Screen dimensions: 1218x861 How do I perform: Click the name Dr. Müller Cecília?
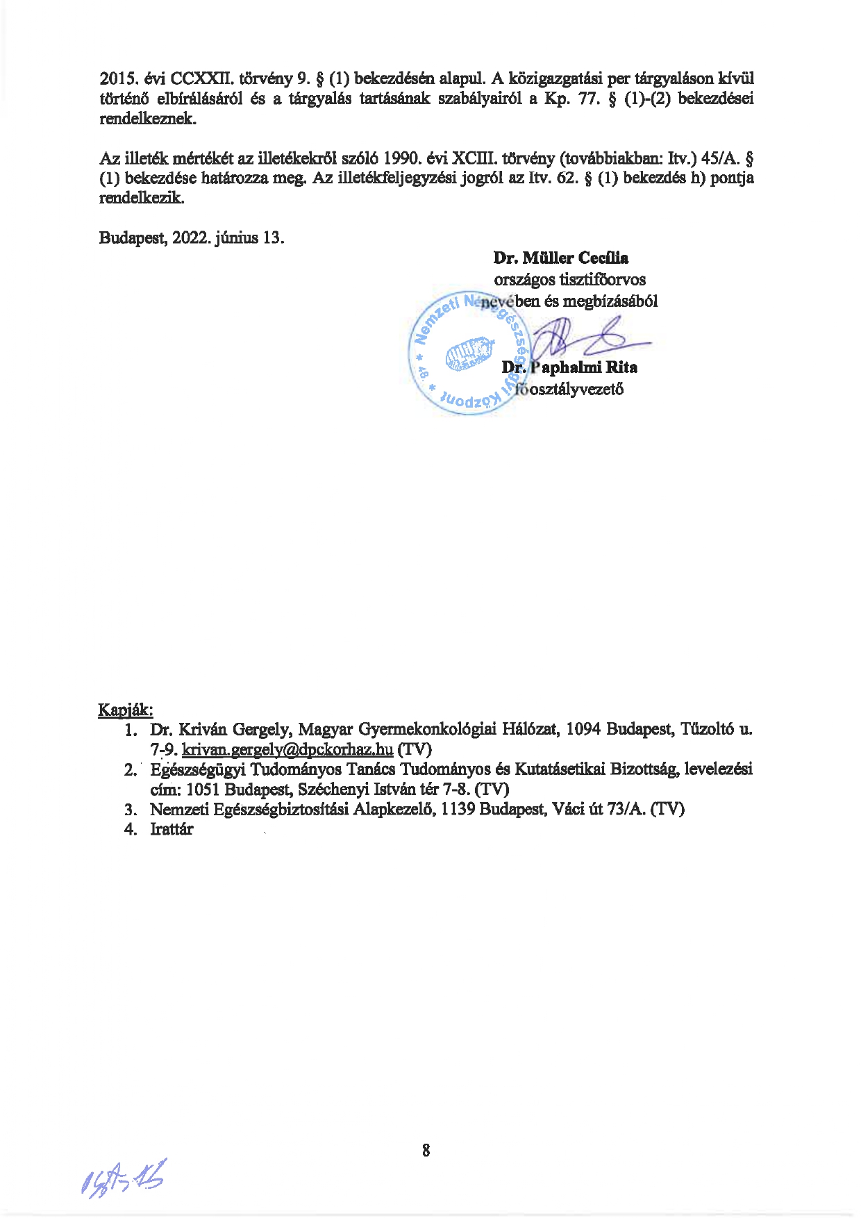[x=560, y=258]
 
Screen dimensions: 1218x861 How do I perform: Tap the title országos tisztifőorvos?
[x=569, y=280]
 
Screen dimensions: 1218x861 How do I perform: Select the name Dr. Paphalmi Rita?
[x=569, y=367]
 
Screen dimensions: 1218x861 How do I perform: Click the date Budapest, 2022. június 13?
[x=192, y=237]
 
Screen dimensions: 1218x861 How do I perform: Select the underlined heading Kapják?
[x=125, y=710]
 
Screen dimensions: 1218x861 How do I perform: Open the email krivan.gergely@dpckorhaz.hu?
[x=287, y=750]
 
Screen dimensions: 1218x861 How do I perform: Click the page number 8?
[x=426, y=1151]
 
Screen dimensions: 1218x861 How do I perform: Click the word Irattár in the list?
[x=172, y=829]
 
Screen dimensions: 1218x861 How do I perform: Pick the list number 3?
[x=130, y=810]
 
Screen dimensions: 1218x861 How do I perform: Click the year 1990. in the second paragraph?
[x=396, y=158]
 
